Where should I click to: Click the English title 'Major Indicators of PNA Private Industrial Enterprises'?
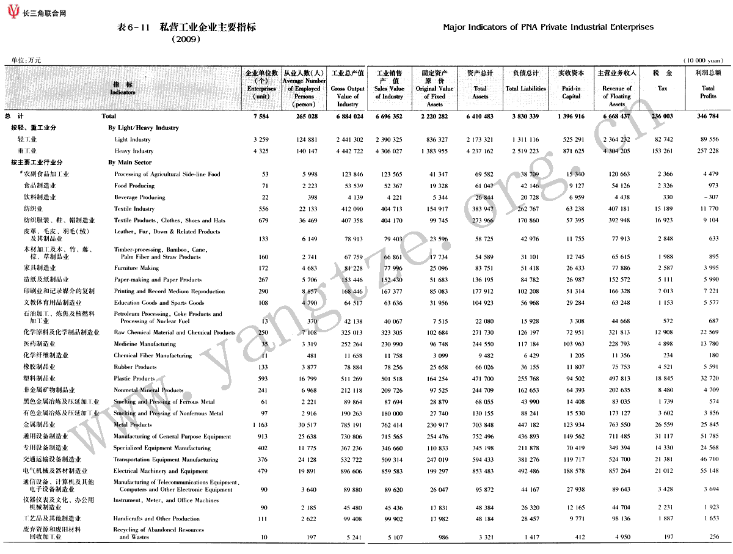[x=548, y=27]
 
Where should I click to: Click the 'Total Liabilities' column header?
[x=525, y=89]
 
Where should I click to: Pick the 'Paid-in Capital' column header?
[x=571, y=92]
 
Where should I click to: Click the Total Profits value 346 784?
[x=707, y=116]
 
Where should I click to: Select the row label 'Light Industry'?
[x=133, y=140]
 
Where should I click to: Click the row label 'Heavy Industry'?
[x=134, y=151]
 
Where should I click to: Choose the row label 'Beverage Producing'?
[x=139, y=197]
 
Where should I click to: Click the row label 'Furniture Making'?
[x=136, y=268]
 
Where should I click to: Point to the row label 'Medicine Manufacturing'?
[x=145, y=344]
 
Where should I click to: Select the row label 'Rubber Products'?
[x=135, y=367]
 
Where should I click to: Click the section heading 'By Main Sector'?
[x=129, y=163]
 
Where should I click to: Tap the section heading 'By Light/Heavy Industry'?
[x=144, y=128]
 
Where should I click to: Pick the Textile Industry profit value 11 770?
[x=708, y=209]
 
